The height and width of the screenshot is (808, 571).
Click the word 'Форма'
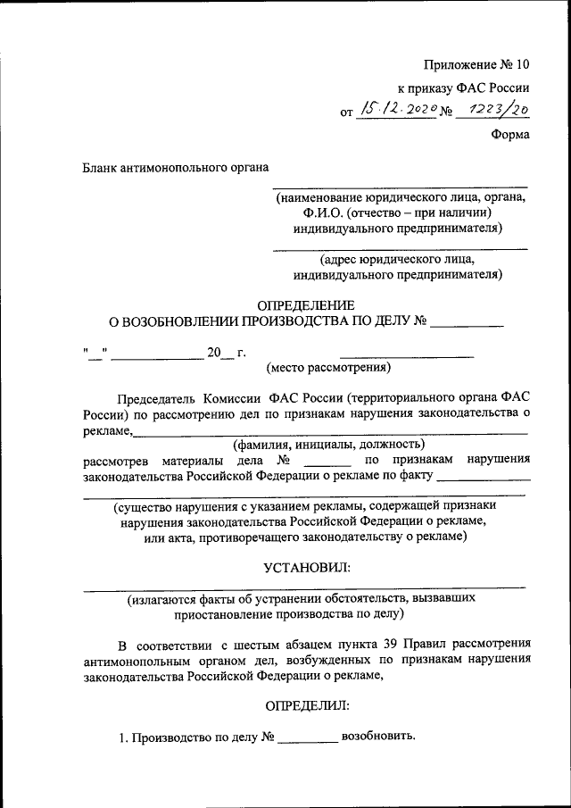509,134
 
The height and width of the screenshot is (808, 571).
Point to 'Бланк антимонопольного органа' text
176,166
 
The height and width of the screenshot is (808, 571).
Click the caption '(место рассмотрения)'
328,367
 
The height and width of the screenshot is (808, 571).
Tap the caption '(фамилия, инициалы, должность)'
328,444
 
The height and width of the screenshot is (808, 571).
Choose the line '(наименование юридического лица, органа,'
401,196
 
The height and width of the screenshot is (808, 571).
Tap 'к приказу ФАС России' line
463,87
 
